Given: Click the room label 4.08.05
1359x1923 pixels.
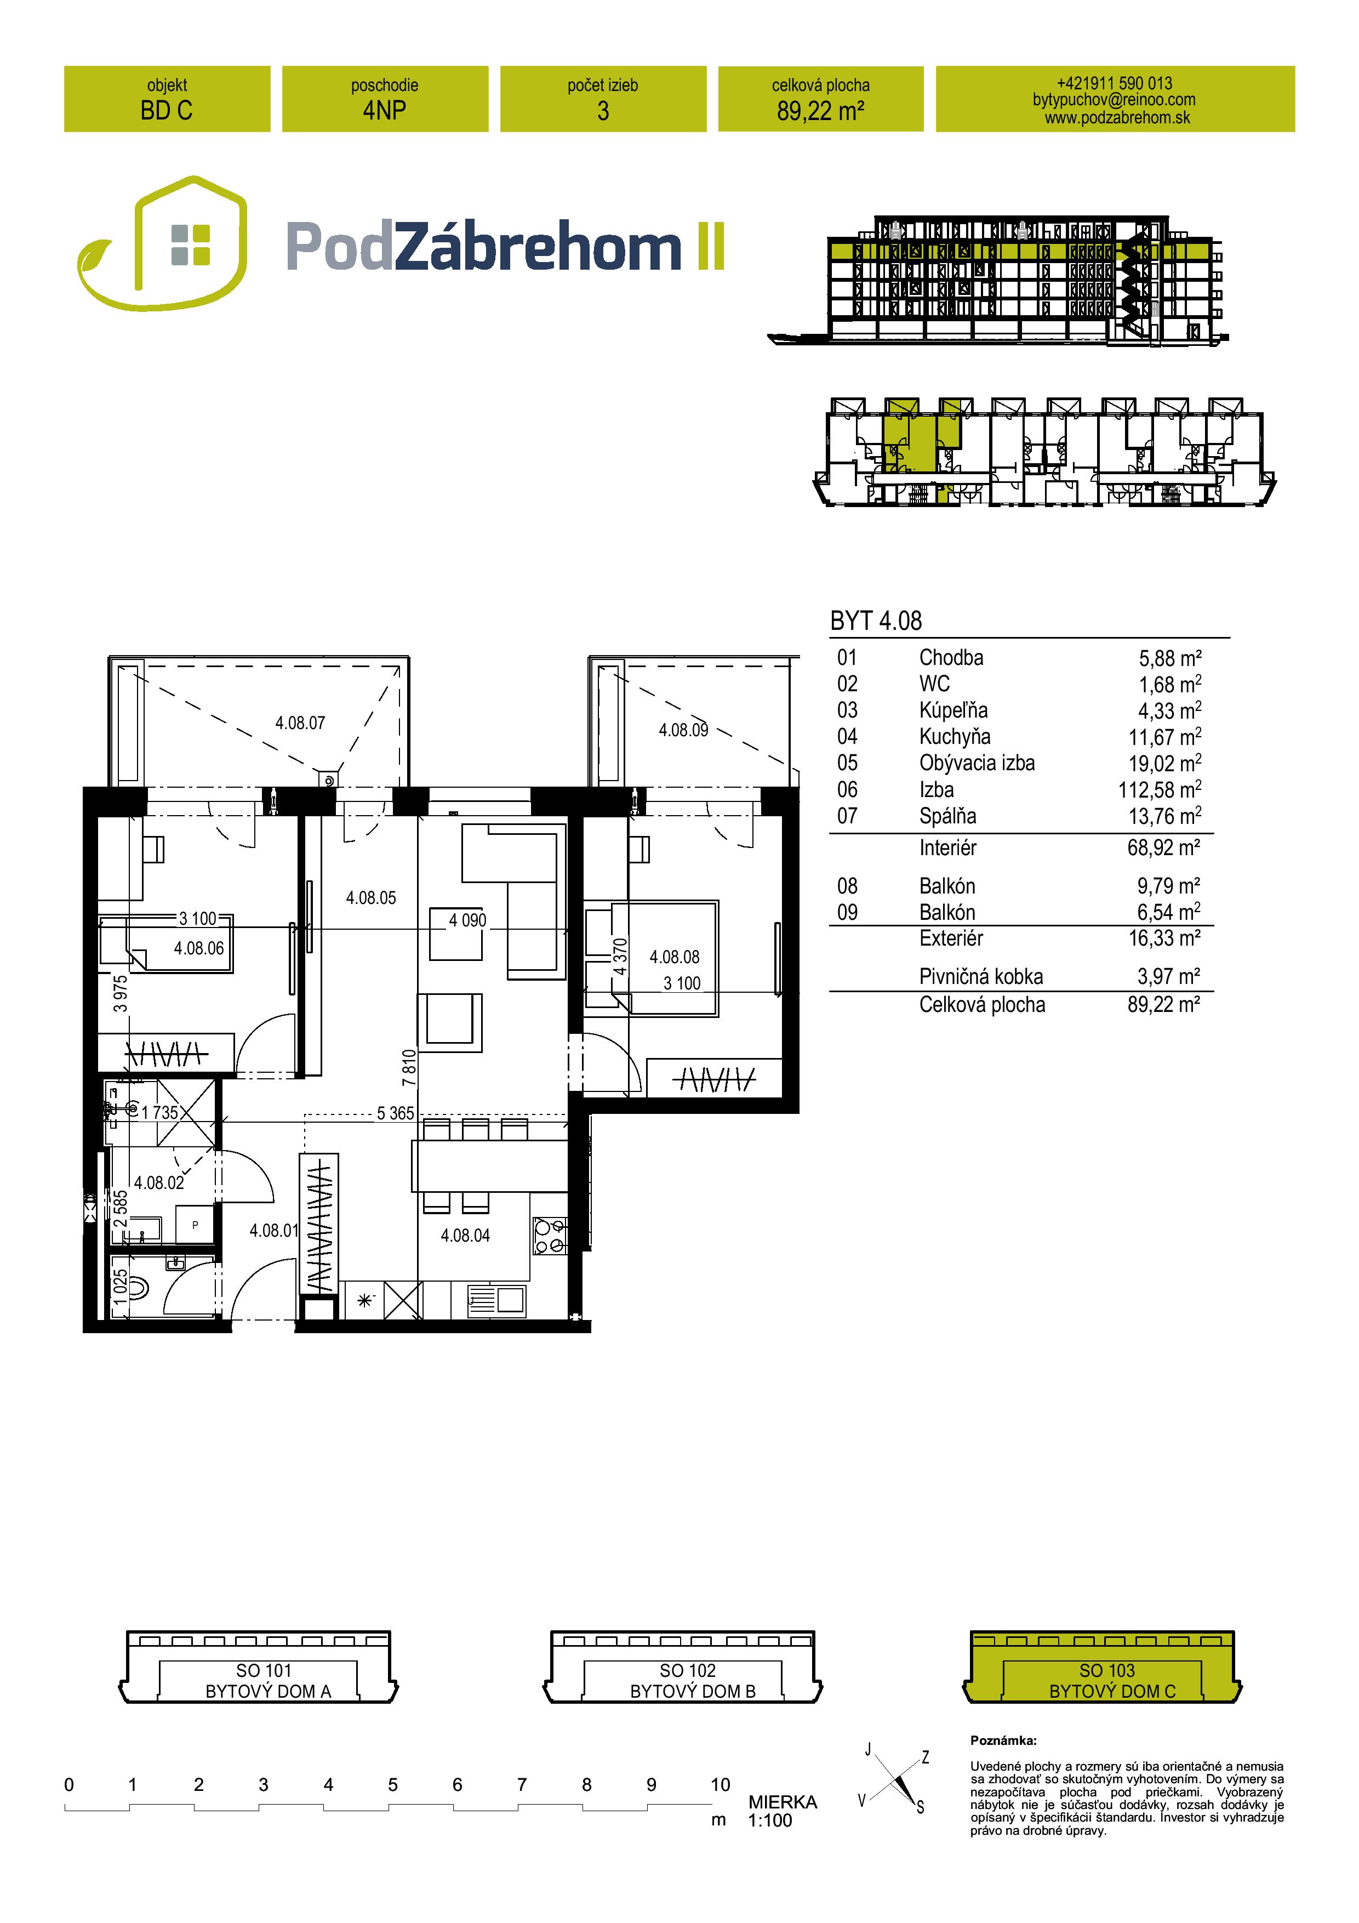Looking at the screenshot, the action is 371,898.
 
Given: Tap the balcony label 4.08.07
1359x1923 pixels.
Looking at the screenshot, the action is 300,723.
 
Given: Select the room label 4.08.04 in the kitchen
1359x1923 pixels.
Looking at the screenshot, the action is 466,1236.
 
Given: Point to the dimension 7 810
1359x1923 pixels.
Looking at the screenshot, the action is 409,1068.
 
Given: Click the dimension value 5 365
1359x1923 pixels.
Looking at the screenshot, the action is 395,1113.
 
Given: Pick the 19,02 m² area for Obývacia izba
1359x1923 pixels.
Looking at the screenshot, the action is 1164,763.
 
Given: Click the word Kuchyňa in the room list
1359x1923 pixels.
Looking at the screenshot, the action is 955,737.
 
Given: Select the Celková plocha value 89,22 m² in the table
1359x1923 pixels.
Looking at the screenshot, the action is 1164,1004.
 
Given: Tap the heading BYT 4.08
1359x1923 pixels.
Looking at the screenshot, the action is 876,621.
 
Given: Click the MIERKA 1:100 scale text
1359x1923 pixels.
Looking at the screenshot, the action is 782,1811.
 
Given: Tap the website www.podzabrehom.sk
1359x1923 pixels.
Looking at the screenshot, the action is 1117,118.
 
